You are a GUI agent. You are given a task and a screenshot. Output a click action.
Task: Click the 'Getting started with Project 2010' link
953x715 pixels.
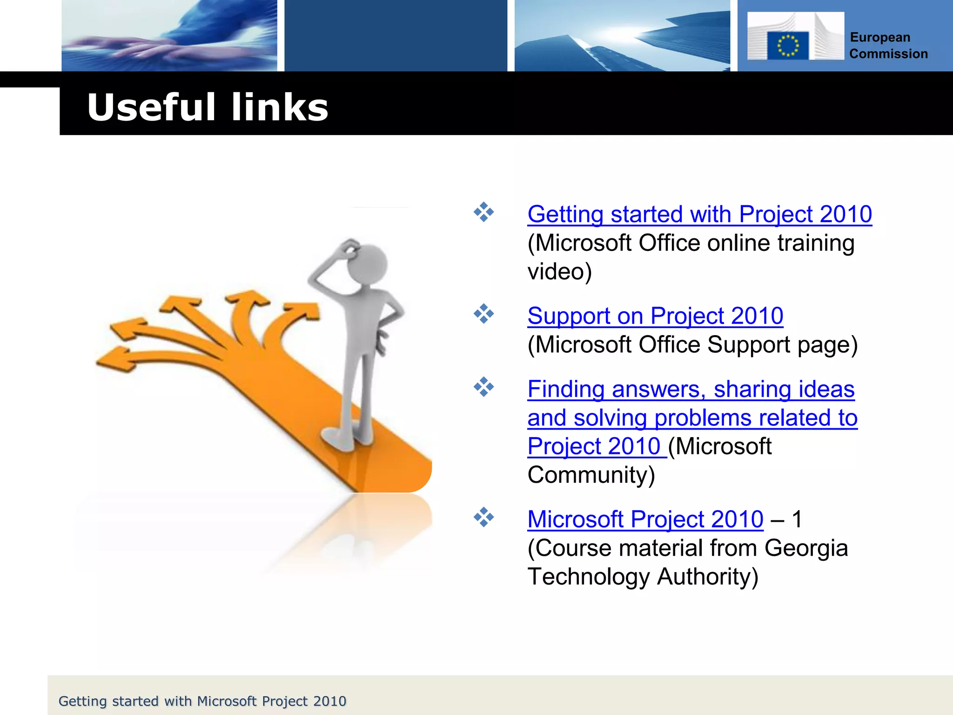coord(699,215)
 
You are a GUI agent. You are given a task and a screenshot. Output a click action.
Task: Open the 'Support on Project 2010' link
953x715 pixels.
coord(655,316)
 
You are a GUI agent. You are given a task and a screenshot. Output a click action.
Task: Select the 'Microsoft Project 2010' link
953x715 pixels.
coord(645,519)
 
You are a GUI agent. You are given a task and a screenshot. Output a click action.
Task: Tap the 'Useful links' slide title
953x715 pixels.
coord(208,107)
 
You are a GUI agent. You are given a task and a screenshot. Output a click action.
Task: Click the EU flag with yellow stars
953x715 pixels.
coord(788,46)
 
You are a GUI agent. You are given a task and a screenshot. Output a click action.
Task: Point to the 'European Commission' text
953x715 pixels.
coord(888,46)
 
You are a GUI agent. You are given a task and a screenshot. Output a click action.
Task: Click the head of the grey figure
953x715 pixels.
coord(368,263)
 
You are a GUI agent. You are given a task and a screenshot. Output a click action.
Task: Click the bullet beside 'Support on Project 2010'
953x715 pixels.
coord(483,314)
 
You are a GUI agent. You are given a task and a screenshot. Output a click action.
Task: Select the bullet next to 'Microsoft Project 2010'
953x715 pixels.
coord(483,517)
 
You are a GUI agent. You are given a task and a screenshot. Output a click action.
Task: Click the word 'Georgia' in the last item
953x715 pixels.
coord(806,548)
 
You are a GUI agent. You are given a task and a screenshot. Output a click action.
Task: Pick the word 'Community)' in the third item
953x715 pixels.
coord(591,475)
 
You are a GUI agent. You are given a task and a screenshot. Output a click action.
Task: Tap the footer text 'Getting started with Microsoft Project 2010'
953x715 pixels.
coord(202,701)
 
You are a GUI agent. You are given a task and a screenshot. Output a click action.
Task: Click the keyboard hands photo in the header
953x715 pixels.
coord(169,35)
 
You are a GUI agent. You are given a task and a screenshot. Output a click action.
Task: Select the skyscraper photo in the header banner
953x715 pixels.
coord(622,35)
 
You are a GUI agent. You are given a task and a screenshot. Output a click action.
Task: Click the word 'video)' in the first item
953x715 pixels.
coord(559,272)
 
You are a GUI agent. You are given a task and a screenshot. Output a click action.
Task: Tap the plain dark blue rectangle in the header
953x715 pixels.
coord(396,35)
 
